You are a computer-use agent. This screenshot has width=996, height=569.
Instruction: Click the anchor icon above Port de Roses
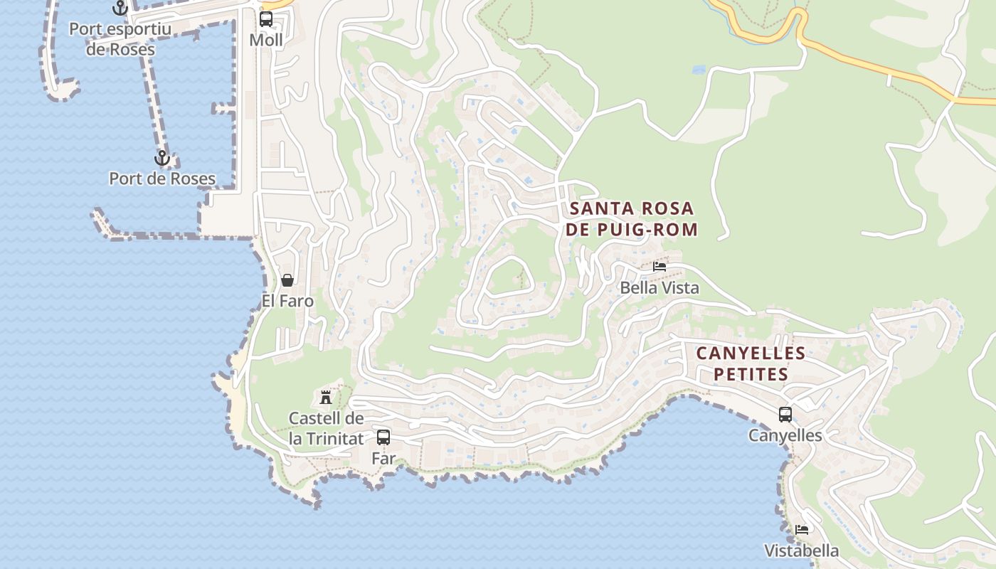click(x=162, y=158)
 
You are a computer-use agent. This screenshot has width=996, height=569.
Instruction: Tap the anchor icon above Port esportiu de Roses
click(x=120, y=9)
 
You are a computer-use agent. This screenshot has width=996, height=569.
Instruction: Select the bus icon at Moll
click(x=266, y=19)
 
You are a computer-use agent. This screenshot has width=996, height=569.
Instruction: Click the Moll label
click(x=266, y=41)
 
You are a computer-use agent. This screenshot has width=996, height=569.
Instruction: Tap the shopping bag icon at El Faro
click(x=287, y=280)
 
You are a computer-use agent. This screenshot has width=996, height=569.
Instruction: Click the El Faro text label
click(x=287, y=301)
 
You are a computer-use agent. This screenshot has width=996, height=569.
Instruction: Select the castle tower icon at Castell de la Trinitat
click(x=326, y=397)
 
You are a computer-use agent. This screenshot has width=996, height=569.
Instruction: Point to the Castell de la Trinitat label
click(x=326, y=428)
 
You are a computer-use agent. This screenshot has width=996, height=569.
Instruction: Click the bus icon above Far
click(x=383, y=437)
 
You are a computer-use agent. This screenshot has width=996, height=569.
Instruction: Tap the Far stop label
click(x=383, y=459)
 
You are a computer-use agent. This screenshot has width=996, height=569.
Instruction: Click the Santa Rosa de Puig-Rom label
click(x=632, y=219)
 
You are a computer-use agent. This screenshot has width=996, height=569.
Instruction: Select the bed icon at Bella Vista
click(x=659, y=267)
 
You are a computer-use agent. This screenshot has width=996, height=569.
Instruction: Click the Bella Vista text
click(x=659, y=288)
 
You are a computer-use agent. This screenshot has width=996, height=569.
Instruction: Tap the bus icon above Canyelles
click(x=785, y=415)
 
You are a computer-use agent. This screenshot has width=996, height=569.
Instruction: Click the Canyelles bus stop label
click(x=785, y=435)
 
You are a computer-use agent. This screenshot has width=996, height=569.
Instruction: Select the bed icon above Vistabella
click(x=802, y=530)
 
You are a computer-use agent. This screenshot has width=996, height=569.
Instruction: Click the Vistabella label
click(x=802, y=551)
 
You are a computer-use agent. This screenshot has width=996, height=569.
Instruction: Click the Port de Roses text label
click(x=162, y=179)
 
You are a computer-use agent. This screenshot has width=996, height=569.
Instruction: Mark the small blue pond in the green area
click(x=699, y=70)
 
